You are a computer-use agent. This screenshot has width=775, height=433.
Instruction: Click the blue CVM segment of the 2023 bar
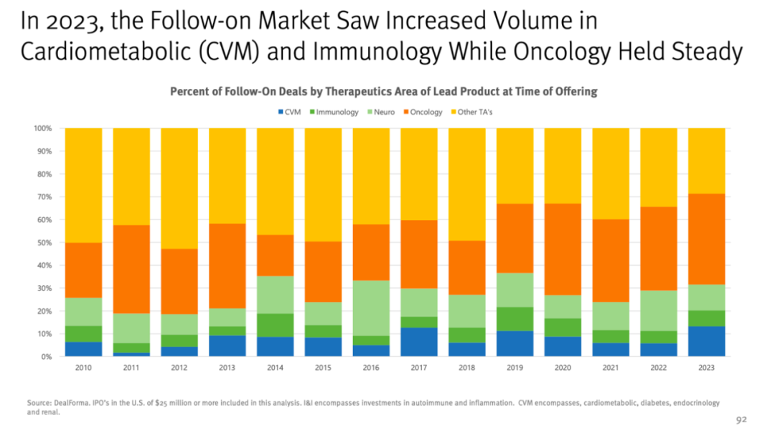pos(706,341)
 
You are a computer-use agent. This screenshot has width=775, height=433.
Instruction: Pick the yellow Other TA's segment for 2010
pos(83,185)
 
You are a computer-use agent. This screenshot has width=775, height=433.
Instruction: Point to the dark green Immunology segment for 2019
pos(515,318)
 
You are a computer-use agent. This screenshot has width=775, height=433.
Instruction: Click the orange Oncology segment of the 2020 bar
pos(563,249)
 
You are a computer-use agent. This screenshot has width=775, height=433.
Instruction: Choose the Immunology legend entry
pos(335,113)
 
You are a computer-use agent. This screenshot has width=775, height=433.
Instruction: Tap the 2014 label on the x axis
pos(275,368)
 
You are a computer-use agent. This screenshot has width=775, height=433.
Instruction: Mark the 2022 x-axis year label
pos(658,368)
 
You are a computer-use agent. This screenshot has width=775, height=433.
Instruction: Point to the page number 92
pos(743,419)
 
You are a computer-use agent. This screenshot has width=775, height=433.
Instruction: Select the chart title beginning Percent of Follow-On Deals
pos(383,92)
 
